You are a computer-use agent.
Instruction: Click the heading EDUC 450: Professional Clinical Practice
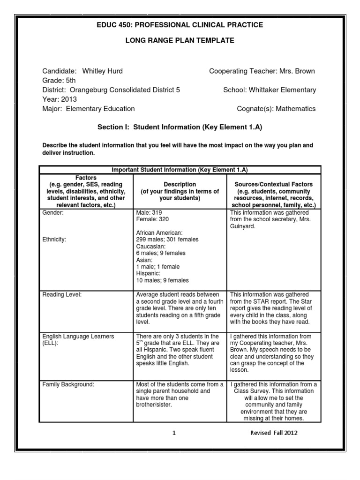[x=180, y=24]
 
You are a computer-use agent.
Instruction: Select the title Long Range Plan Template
[x=180, y=41]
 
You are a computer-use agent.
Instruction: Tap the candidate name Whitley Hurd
[x=102, y=71]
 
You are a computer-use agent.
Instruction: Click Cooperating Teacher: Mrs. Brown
[x=262, y=71]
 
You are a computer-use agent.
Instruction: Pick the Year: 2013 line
[x=59, y=99]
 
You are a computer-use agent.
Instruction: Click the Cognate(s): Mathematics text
[x=277, y=109]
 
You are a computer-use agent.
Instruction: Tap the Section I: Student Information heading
[x=180, y=127]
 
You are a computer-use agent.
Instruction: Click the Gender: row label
[x=52, y=212]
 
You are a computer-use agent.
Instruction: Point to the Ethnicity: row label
[x=54, y=240]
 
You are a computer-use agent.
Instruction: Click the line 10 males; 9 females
[x=162, y=280]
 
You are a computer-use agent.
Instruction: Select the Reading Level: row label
[x=61, y=294]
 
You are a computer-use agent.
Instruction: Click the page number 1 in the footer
[x=174, y=433]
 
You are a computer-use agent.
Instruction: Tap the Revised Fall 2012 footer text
[x=274, y=433]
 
